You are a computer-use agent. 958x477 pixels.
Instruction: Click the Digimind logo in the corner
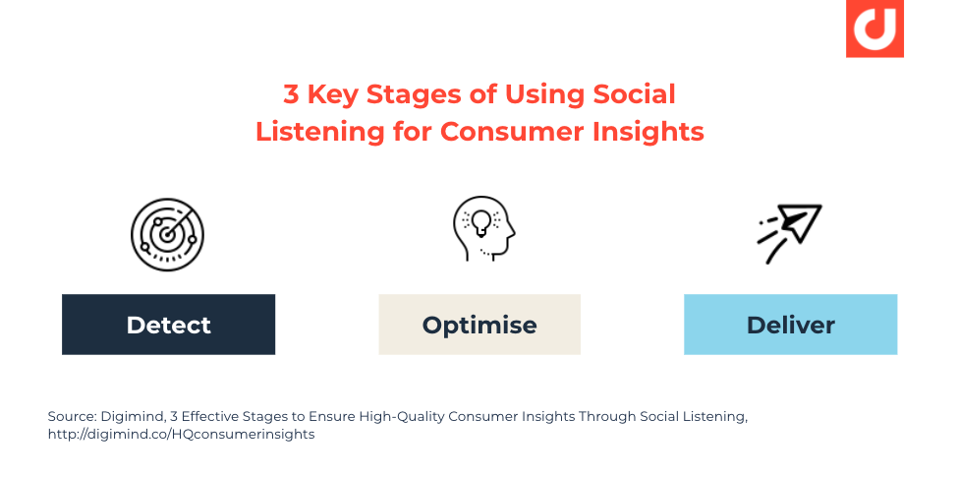coord(873,29)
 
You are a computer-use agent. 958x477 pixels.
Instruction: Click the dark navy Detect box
coord(168,325)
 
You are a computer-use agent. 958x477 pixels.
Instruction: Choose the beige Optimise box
coord(479,325)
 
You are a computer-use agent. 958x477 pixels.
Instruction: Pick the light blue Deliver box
coord(790,325)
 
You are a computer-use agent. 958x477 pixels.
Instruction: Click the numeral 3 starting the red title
coord(291,94)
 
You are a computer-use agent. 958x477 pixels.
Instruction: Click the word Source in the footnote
coord(72,416)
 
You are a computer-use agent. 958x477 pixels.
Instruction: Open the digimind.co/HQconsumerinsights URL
coord(181,434)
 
